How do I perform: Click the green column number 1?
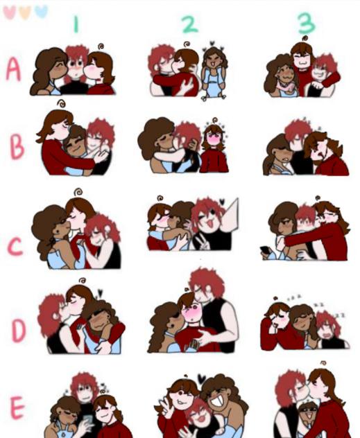pos(76,25)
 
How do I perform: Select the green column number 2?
pos(189,24)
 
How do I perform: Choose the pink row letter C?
pos(15,247)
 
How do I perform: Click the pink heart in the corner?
pos(10,12)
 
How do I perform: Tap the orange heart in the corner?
pos(25,12)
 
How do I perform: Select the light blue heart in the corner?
pos(41,11)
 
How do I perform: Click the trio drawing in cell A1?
pos(73,70)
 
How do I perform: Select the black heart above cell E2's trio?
pos(202,379)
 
